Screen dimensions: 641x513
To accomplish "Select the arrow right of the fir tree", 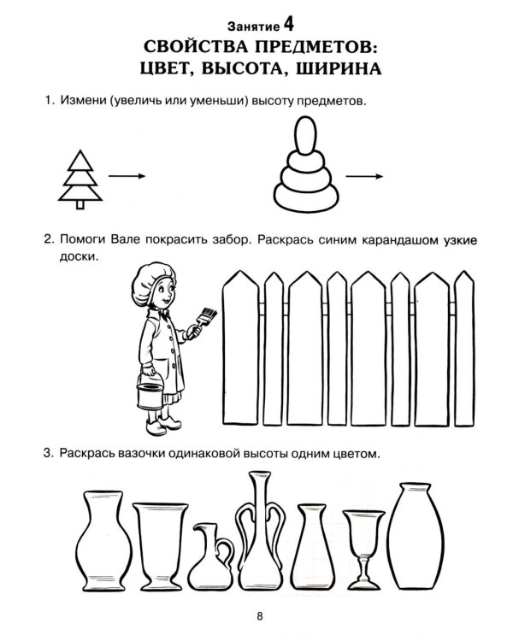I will (x=127, y=176).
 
